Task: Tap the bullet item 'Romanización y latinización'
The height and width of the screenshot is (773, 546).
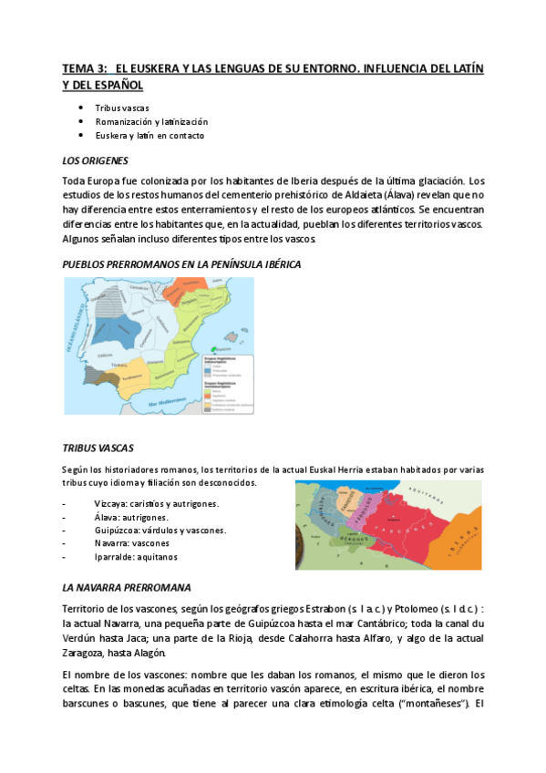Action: click(x=151, y=121)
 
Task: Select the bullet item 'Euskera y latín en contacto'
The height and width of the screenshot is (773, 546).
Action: click(x=149, y=135)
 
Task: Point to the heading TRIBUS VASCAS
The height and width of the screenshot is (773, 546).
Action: click(x=98, y=448)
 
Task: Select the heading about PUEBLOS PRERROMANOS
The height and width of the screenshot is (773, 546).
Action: click(x=180, y=263)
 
